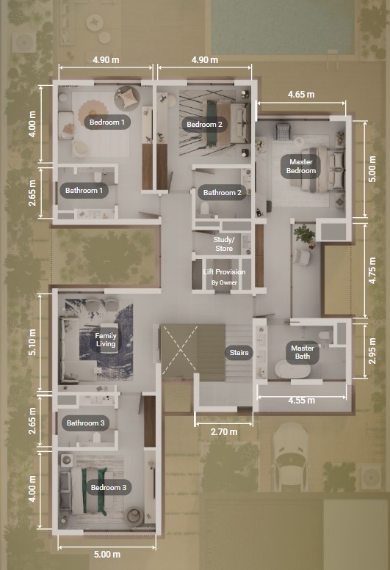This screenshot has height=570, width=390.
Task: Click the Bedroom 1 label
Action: (x=107, y=122)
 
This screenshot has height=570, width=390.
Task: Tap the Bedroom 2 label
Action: (x=204, y=124)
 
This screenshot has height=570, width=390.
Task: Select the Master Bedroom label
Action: (x=301, y=167)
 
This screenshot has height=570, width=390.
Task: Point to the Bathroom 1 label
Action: (x=84, y=191)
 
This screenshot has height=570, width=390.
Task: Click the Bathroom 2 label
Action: (x=223, y=193)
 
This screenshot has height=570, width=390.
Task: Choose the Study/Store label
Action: (x=224, y=244)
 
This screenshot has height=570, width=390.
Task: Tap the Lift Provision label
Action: (x=224, y=272)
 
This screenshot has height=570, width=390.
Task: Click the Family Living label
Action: (x=106, y=340)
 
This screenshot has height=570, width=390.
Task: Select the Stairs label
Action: (x=239, y=353)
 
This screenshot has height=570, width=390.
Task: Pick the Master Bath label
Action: (x=303, y=352)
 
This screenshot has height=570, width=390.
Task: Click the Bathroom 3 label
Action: (x=85, y=423)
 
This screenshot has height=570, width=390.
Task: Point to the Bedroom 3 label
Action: (x=109, y=488)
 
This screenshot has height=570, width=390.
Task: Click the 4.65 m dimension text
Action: (x=301, y=95)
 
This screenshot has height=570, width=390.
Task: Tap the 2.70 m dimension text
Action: (x=224, y=432)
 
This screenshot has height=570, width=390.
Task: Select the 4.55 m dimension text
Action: (x=302, y=401)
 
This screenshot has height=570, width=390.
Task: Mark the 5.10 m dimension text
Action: (x=32, y=342)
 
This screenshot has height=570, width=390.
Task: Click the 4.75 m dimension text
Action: (x=372, y=271)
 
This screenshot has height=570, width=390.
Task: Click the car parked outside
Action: (x=290, y=457)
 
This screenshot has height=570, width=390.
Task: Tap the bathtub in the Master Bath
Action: (x=292, y=370)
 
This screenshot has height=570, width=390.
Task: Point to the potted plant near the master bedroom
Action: (x=305, y=235)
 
